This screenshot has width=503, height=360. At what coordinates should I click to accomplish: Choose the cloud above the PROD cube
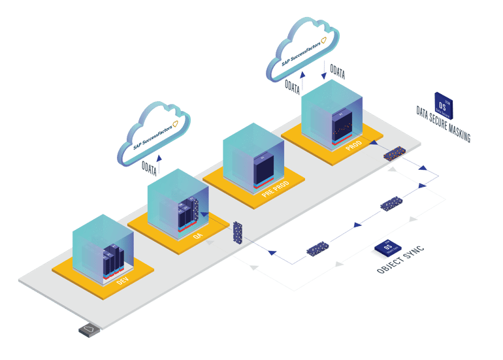(x=304, y=49)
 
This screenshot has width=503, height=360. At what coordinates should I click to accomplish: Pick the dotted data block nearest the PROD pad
(x=394, y=154)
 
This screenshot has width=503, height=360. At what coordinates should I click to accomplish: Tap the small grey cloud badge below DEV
(x=89, y=330)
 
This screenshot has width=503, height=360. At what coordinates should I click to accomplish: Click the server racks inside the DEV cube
(x=112, y=260)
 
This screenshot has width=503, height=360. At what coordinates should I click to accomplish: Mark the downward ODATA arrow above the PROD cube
(x=325, y=69)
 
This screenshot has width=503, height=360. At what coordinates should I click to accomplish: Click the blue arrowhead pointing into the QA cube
(x=204, y=213)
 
